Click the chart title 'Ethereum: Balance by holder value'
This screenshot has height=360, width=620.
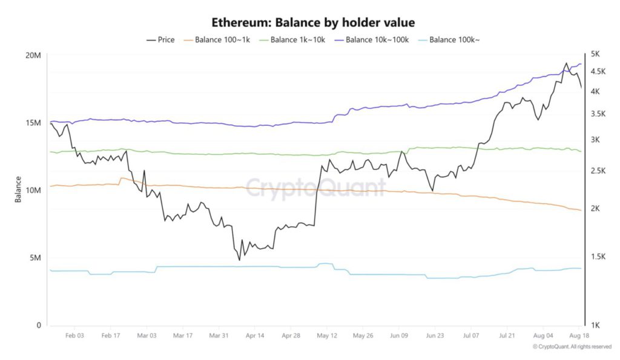(313, 22)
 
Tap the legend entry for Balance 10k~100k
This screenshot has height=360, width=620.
(370, 40)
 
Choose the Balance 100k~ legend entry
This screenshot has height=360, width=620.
(448, 40)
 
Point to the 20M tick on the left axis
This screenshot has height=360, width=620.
(33, 56)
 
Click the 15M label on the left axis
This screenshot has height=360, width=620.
(33, 123)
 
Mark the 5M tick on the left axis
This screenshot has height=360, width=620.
(35, 258)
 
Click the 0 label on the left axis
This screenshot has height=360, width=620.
(39, 325)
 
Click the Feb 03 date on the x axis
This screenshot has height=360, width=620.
(75, 335)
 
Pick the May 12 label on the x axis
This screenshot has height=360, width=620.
(327, 335)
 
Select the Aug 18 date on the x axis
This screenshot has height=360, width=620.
(579, 335)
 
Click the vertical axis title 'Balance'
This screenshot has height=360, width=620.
(18, 189)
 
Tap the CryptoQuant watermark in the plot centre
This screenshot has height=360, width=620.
(315, 188)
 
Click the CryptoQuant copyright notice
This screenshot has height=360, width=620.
(572, 347)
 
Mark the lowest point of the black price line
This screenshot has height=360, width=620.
(239, 260)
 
